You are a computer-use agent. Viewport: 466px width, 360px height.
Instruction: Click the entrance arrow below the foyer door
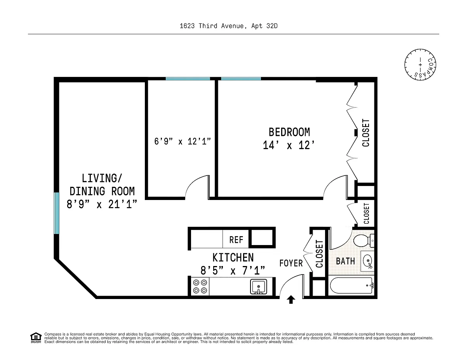[x=291, y=299]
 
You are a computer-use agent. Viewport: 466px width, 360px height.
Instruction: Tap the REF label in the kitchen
[x=236, y=240]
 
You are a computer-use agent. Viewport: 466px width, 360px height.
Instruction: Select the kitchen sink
[x=259, y=287]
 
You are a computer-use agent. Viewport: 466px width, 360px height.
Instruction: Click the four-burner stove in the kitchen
[x=200, y=287]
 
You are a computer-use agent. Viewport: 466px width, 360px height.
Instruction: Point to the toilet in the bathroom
[x=364, y=240]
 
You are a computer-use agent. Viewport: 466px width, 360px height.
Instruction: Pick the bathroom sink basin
[x=368, y=261]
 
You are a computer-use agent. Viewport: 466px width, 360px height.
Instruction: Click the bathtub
[x=352, y=285]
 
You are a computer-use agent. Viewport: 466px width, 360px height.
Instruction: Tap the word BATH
[x=345, y=261]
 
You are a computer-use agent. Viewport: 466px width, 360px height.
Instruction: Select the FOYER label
[x=291, y=263]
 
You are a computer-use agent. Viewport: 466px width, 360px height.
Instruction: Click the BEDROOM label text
[x=289, y=132]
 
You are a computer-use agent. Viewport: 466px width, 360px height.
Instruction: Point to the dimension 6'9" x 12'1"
[x=183, y=141]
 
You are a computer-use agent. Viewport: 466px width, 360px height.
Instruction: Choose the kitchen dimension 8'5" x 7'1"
[x=233, y=270]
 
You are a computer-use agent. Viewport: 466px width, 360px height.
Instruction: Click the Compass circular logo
[x=420, y=65]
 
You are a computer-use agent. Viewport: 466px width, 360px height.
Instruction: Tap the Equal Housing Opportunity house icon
[x=36, y=338]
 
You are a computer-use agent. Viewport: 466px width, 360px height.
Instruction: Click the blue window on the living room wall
[x=56, y=213]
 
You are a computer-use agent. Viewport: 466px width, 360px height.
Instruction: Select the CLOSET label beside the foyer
[x=319, y=254]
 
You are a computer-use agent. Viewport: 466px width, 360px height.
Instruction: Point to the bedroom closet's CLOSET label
[x=366, y=133]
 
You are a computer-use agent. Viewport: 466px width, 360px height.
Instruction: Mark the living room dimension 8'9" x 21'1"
[x=102, y=204]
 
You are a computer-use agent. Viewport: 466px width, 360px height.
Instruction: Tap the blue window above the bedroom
[x=241, y=79]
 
